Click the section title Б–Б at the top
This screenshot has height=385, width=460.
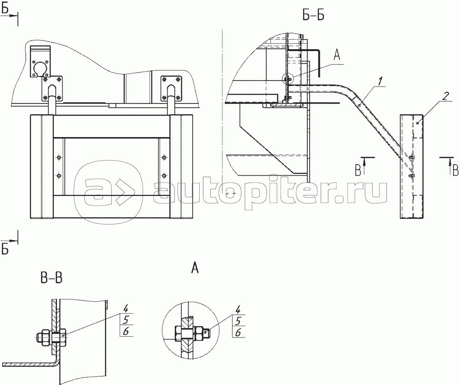click(x=313, y=16)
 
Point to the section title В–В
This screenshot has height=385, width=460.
click(x=52, y=278)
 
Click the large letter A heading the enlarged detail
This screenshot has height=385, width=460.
click(x=195, y=268)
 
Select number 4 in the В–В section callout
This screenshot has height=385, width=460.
click(x=126, y=308)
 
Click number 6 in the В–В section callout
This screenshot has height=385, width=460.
click(x=126, y=332)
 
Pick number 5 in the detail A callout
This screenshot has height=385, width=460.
click(x=238, y=321)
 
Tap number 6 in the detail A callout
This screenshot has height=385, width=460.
click(x=238, y=333)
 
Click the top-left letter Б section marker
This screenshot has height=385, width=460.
click(x=5, y=9)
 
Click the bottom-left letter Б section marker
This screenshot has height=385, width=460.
click(x=5, y=249)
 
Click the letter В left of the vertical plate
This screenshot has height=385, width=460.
click(x=358, y=170)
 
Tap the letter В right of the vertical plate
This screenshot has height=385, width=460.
click(x=455, y=171)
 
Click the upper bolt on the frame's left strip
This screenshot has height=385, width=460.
click(x=59, y=157)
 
